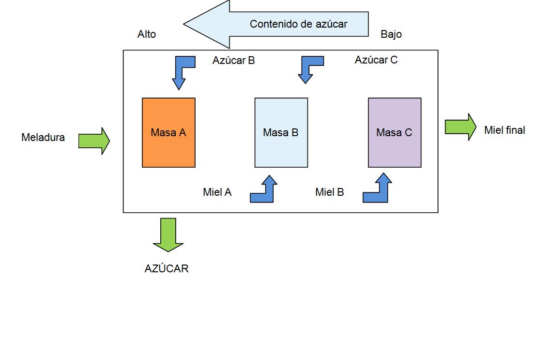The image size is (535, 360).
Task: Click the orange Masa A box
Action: [x=168, y=132]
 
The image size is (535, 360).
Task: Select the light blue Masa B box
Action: [x=281, y=132]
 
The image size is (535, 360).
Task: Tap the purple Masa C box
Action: [x=394, y=132]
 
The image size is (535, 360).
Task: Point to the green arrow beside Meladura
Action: [x=94, y=141]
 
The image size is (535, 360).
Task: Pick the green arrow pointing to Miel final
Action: [x=460, y=127]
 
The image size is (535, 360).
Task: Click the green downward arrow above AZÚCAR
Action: [x=168, y=235]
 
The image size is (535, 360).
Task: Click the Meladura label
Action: [x=43, y=138]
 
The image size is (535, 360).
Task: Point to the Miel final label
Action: [x=504, y=130]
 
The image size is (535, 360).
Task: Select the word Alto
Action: [x=147, y=34]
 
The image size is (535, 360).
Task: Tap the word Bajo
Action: [x=391, y=34]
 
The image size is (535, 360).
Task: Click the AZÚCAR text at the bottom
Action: [x=167, y=269]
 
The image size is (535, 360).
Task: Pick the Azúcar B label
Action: [x=233, y=61]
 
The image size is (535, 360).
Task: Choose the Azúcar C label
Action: [x=376, y=60]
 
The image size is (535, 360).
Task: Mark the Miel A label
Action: [x=217, y=192]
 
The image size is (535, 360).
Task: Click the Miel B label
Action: [x=330, y=192]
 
